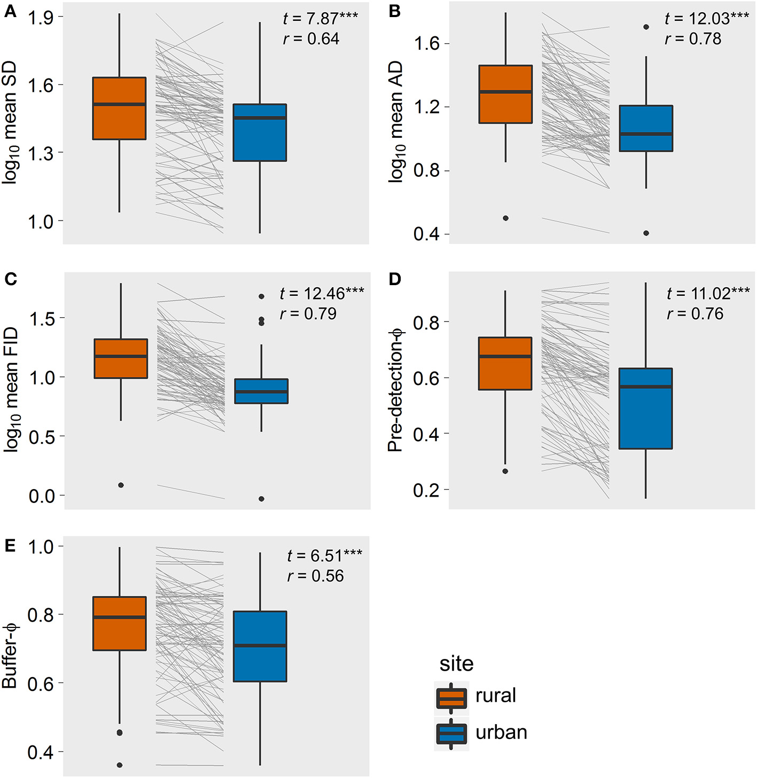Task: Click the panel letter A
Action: [x=9, y=11]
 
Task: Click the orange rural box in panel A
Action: [x=119, y=108]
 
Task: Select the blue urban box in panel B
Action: [x=646, y=129]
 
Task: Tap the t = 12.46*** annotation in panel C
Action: [x=322, y=293]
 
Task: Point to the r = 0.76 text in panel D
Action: [x=695, y=313]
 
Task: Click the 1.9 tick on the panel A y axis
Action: [x=41, y=18]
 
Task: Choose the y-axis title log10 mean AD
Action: [x=396, y=122]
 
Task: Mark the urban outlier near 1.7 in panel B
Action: [x=646, y=27]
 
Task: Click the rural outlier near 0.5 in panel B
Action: [x=505, y=218]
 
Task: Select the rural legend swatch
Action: [x=451, y=698]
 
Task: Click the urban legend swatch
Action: [x=451, y=734]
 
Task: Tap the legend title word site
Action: [x=456, y=664]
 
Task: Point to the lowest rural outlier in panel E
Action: [x=119, y=765]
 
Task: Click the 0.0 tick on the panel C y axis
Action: [x=42, y=496]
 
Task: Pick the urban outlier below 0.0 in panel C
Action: [x=261, y=499]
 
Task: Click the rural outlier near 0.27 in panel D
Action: [x=505, y=471]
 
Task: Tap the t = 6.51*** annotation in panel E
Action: [x=324, y=556]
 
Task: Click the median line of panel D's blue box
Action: [x=646, y=387]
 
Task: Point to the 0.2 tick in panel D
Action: [x=424, y=490]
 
